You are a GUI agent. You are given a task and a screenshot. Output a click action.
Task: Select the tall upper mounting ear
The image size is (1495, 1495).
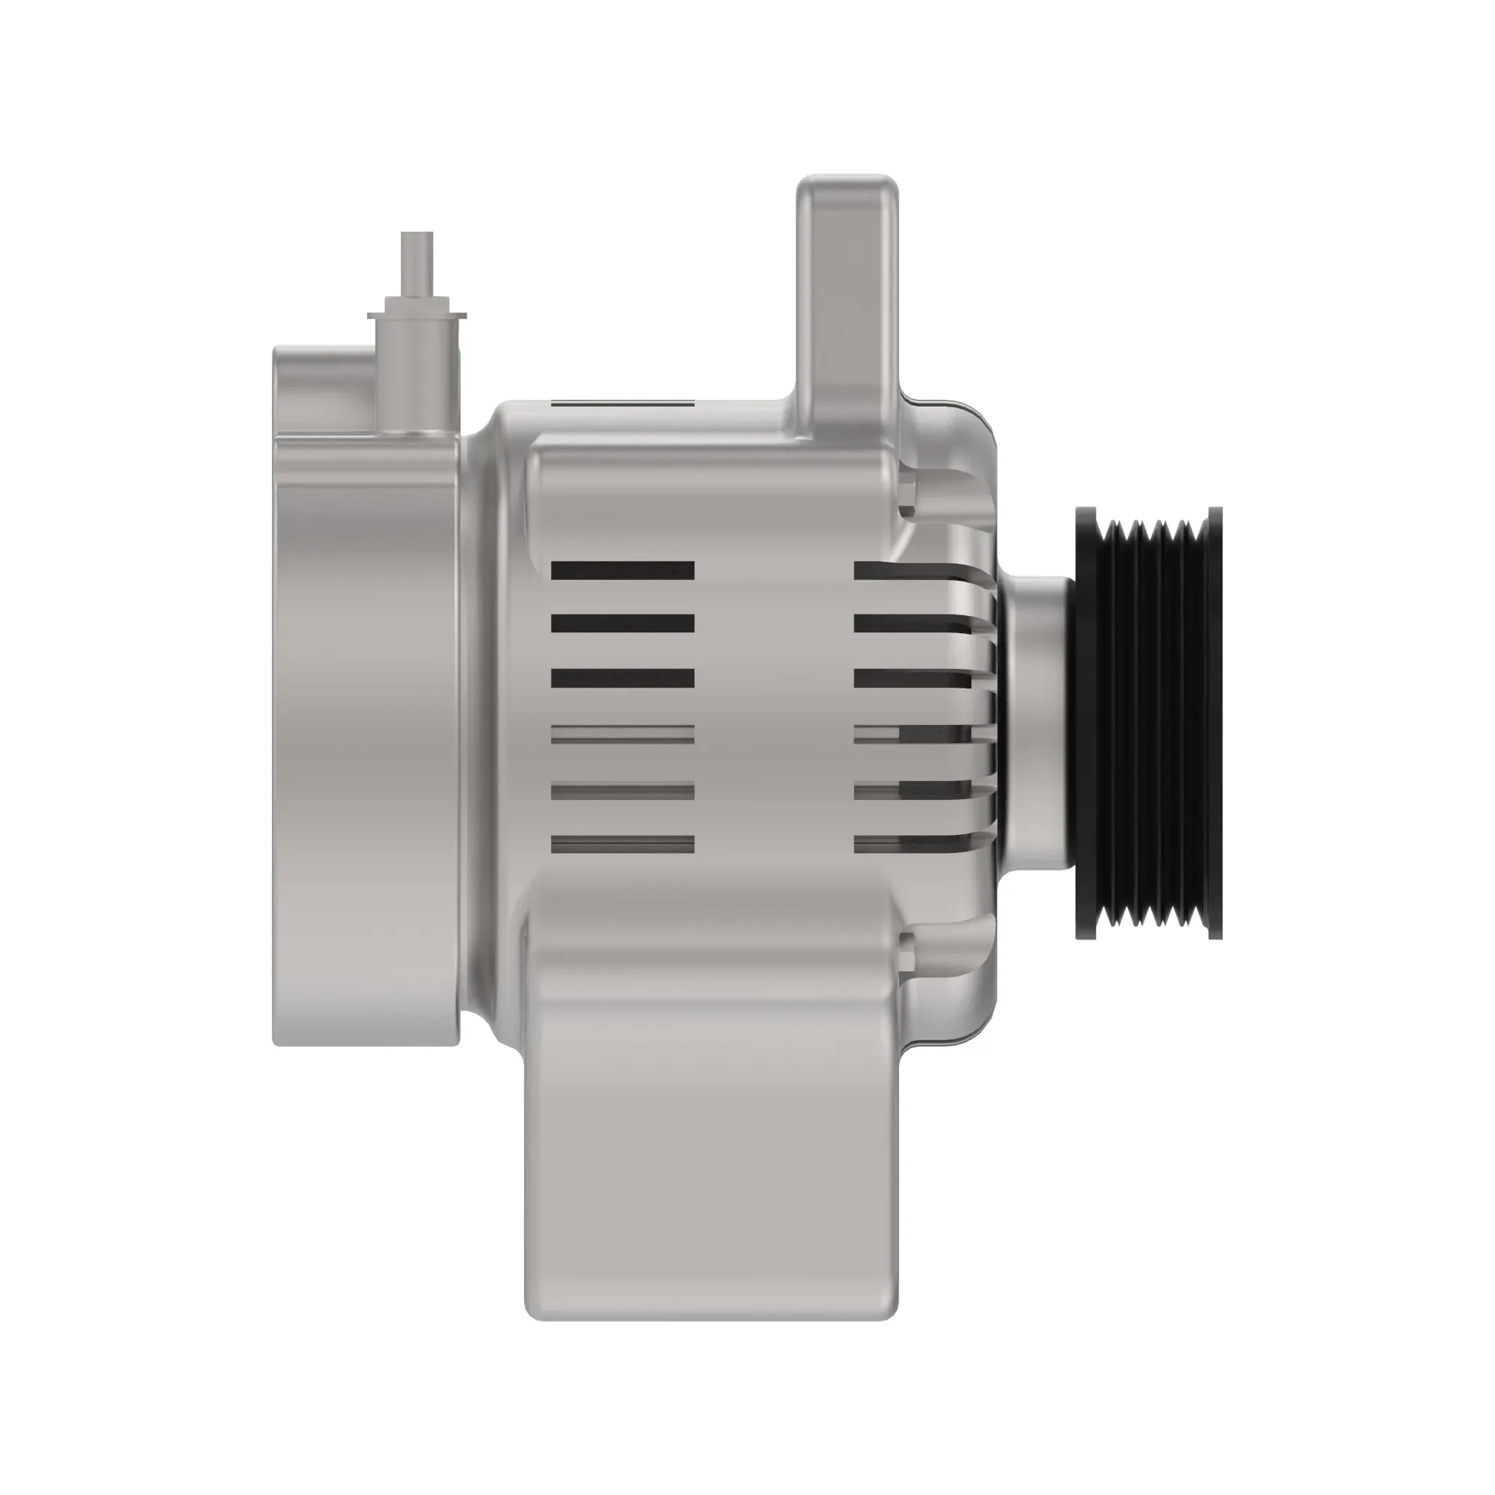(x=848, y=294)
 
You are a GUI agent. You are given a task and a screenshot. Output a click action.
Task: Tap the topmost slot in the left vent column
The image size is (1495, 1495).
(x=622, y=571)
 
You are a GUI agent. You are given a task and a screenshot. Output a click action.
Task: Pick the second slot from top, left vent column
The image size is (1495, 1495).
(x=622, y=623)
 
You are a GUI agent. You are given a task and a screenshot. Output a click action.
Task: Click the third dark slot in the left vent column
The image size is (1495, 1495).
(x=622, y=679)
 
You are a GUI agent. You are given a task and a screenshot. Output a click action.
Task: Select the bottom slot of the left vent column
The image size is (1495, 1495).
(x=622, y=844)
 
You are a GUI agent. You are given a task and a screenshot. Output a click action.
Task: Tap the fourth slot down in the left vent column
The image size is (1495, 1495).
(x=622, y=734)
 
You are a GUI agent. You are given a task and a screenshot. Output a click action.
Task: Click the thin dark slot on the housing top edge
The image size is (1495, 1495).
(x=622, y=404)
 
